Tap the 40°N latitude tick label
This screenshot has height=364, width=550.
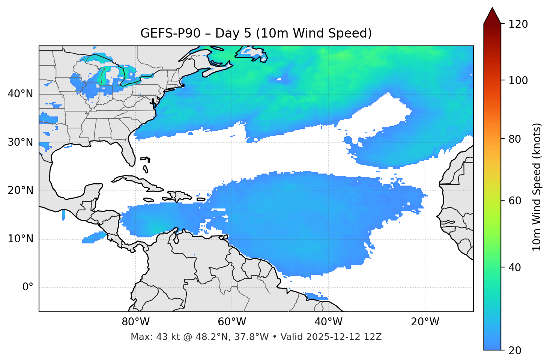click(x=20, y=94)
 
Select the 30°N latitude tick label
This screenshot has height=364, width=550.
click(x=20, y=142)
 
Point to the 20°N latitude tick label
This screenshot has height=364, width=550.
click(x=20, y=190)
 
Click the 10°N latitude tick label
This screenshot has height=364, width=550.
click(x=20, y=239)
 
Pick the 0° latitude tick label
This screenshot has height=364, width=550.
click(x=28, y=287)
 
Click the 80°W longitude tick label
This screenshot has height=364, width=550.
click(x=135, y=322)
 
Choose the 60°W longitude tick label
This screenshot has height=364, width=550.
click(x=232, y=322)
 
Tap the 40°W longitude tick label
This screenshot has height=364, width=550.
click(x=328, y=322)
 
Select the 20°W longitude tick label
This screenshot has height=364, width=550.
click(x=425, y=322)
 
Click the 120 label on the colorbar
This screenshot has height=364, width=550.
click(x=518, y=24)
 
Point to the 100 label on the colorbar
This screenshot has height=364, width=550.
click(x=518, y=80)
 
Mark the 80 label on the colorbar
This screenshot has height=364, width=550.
click(x=515, y=139)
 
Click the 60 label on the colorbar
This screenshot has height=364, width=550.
click(x=515, y=201)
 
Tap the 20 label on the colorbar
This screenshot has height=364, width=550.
click(x=515, y=350)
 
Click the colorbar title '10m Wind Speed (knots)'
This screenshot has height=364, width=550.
click(x=537, y=187)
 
